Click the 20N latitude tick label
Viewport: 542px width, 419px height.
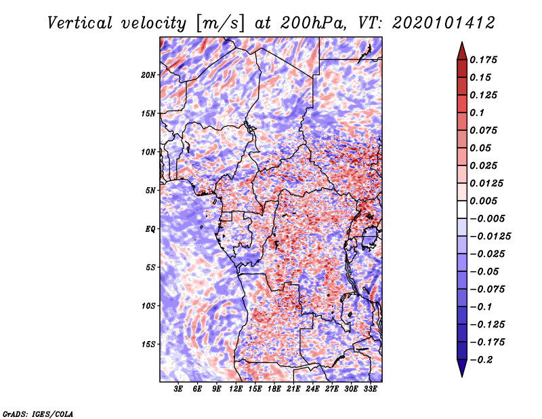point(148,75)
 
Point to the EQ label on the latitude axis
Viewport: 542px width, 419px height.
point(150,228)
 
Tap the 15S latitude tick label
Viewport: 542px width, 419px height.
point(148,344)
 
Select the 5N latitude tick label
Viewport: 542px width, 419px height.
point(150,191)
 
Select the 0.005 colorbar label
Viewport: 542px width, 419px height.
point(486,201)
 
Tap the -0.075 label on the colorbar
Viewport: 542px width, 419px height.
point(490,289)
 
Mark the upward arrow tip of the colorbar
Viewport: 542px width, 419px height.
point(461,45)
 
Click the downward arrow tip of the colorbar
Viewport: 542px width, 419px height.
point(461,374)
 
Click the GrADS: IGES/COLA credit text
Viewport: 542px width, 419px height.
point(38,413)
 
